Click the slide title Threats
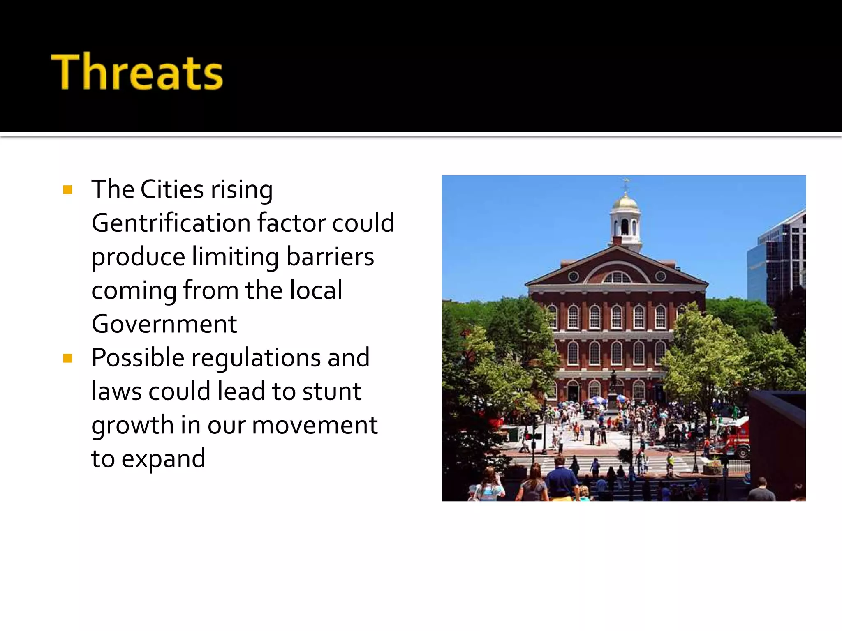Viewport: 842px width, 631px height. coord(137,71)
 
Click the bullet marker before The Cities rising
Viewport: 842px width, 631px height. coord(68,190)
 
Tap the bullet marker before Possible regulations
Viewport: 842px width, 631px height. coord(68,358)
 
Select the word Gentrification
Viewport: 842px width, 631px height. coord(171,223)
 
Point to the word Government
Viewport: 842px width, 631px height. coord(164,324)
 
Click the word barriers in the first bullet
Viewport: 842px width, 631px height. coord(330,257)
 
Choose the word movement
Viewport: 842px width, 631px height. coord(315,425)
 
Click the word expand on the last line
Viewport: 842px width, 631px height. coord(163,458)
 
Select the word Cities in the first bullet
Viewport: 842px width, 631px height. coord(172,189)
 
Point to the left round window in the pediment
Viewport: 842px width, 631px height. coord(573,277)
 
